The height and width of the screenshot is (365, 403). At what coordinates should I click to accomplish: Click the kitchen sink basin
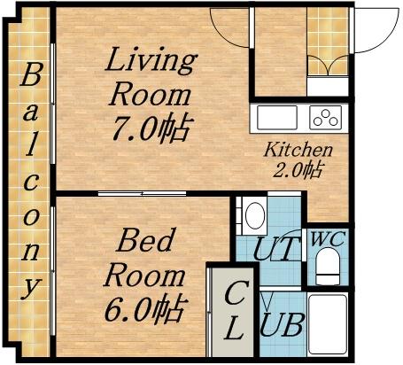tap(277, 118)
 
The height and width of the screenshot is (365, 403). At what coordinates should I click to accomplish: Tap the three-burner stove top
tap(325, 118)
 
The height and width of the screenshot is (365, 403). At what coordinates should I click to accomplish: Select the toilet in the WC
tap(328, 266)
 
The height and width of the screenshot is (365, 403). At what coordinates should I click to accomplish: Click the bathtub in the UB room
tap(327, 324)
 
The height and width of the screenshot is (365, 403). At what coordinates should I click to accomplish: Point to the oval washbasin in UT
tap(255, 215)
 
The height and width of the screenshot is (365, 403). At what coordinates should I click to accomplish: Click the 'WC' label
tap(328, 239)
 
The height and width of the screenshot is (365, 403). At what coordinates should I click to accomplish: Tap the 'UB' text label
tap(282, 325)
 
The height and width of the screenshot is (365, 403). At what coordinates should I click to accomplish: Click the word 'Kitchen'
tap(298, 150)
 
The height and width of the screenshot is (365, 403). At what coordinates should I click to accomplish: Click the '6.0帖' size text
tap(146, 308)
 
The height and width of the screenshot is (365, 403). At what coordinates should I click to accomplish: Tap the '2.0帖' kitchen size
tap(297, 169)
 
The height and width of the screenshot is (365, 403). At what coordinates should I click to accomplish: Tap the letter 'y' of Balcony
tap(30, 287)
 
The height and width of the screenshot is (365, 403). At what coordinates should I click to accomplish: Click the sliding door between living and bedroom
tap(142, 194)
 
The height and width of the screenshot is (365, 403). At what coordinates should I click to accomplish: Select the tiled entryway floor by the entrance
tap(328, 41)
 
